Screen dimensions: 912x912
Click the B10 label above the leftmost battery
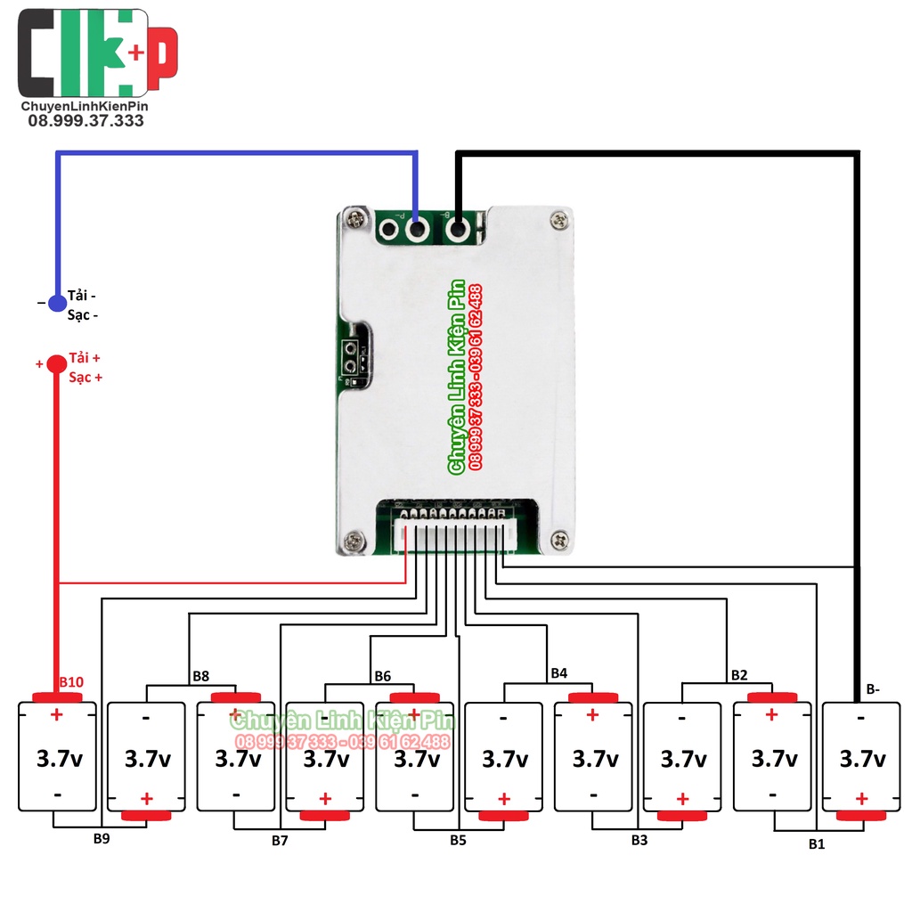pos(71,682)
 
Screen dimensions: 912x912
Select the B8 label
pos(200,676)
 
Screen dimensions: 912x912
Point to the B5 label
pos(458,839)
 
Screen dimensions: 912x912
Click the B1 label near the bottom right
pos(817,843)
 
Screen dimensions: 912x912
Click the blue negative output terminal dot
pos(57,304)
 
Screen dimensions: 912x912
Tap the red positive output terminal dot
pos(56,363)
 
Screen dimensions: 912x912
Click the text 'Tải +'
pos(85,358)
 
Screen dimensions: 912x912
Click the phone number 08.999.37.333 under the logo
pos(85,121)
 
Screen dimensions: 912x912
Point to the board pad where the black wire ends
pos(458,230)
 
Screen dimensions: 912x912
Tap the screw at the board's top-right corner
pos(559,218)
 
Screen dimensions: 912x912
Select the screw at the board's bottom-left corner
pos(354,538)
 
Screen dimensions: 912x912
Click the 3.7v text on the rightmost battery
pos(862,760)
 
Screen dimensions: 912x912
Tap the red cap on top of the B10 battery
pos(57,696)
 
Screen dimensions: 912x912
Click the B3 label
pos(639,839)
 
